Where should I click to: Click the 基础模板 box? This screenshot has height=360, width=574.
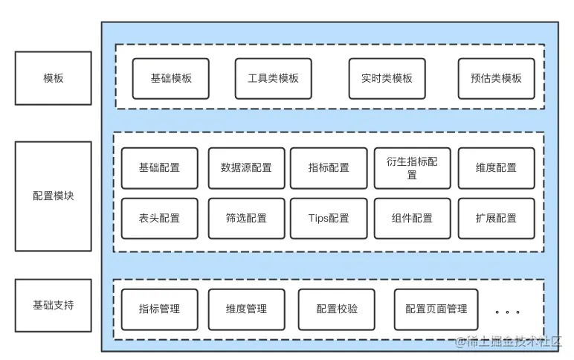[171, 78]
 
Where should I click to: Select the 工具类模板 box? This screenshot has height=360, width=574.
[273, 78]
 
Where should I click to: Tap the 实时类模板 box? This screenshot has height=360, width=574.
[387, 78]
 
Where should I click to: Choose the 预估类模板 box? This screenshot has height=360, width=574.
[496, 78]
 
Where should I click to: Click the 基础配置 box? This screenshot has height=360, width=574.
[159, 168]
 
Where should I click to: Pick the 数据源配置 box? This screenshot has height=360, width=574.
[246, 168]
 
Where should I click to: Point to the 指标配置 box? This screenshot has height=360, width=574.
[329, 168]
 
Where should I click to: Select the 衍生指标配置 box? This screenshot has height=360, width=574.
[412, 168]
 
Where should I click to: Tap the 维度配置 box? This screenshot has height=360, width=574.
[496, 168]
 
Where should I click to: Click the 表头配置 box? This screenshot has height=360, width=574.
[159, 219]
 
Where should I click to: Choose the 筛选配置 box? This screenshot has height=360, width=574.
[246, 219]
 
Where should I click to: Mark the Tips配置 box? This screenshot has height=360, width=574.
[329, 219]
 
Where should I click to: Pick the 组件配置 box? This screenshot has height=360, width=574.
[412, 219]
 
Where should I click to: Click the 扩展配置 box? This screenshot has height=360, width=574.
[496, 219]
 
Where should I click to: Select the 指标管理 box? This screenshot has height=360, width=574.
[159, 309]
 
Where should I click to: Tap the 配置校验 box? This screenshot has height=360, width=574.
[336, 309]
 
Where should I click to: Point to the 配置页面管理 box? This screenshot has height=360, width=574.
[436, 309]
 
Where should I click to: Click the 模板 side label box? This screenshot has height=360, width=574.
[53, 77]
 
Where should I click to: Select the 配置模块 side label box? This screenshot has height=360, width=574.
[53, 196]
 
